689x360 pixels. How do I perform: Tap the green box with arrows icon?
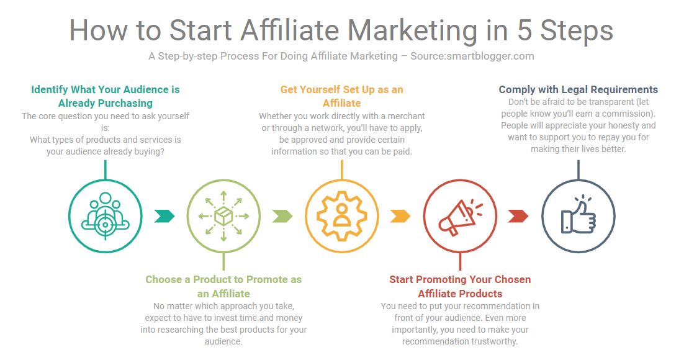[x=223, y=216]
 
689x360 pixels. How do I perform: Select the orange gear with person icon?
[x=341, y=216]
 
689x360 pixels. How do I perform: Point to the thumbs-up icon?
[x=579, y=215]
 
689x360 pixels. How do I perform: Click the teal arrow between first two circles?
[x=164, y=216]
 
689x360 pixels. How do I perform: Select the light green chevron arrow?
[x=282, y=216]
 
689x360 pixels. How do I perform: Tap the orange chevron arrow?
[x=400, y=216]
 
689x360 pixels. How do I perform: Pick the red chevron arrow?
[x=518, y=216]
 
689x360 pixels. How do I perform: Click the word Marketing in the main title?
[x=412, y=32]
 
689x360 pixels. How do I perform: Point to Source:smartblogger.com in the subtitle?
[x=472, y=56]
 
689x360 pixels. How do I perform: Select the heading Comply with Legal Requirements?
[x=579, y=89]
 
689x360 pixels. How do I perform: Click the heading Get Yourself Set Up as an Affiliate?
[x=342, y=96]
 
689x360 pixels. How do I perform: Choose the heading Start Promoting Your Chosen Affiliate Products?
[x=460, y=287]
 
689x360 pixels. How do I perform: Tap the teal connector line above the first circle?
[x=106, y=169]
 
